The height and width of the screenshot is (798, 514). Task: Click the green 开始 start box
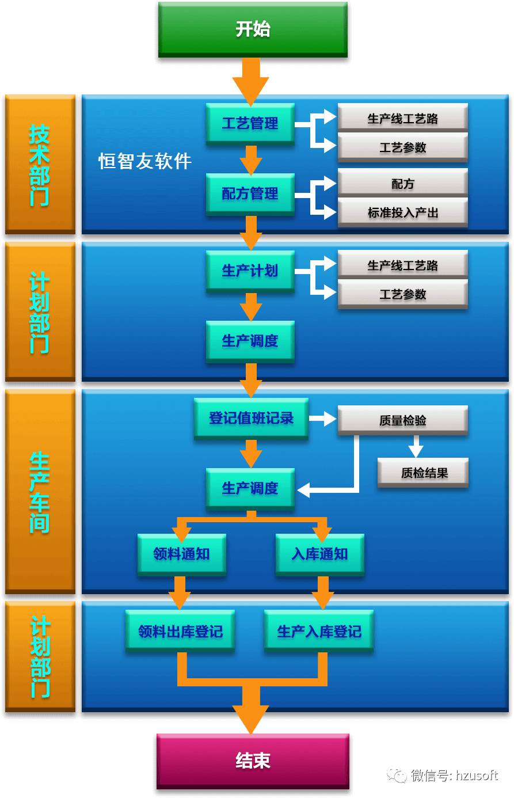[253, 29]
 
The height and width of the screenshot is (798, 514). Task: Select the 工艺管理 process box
[250, 124]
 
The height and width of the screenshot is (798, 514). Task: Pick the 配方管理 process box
[250, 194]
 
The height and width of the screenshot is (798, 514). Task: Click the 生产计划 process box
[250, 271]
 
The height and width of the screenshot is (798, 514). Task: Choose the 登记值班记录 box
[251, 419]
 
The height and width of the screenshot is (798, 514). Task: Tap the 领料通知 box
[182, 554]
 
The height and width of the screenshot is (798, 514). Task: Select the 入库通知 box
[320, 554]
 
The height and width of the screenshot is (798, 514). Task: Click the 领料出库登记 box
[180, 631]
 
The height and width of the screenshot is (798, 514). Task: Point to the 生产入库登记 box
[319, 631]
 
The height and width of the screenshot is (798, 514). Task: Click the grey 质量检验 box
[402, 420]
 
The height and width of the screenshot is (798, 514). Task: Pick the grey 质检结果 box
[423, 473]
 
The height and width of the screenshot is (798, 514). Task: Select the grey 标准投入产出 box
[402, 212]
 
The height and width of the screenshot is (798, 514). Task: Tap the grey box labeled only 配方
[402, 184]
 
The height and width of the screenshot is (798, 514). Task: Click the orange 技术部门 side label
[40, 164]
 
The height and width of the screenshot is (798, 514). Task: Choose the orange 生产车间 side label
[40, 492]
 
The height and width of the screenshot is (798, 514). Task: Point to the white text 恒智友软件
[145, 161]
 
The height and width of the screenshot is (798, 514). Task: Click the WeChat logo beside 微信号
[397, 775]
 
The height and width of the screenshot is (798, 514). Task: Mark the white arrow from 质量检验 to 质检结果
[416, 446]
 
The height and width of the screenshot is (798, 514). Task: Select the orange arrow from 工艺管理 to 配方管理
[251, 159]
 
